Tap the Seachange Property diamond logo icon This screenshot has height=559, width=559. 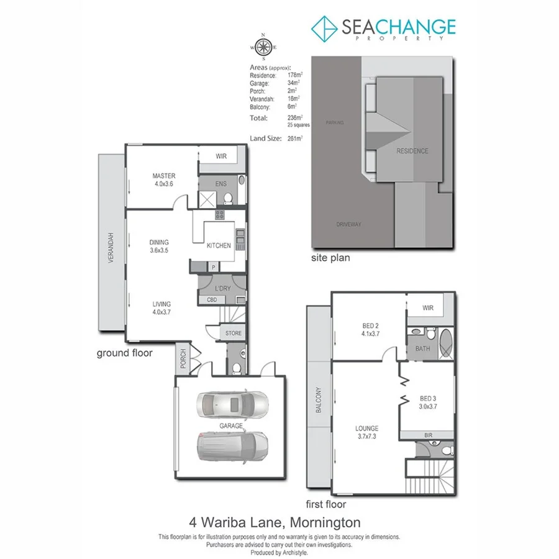(324, 28)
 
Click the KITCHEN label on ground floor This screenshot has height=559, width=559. (219, 245)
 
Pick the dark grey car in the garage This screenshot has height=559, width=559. (232, 447)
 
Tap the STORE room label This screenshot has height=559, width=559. (234, 334)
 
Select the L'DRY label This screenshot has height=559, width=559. (222, 289)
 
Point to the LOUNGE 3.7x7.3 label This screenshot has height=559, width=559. (367, 432)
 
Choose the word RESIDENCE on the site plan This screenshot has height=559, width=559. (412, 151)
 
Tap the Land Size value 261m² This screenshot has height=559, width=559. (294, 138)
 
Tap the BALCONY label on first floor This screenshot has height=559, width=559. (319, 401)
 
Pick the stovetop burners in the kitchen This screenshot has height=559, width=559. (219, 215)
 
